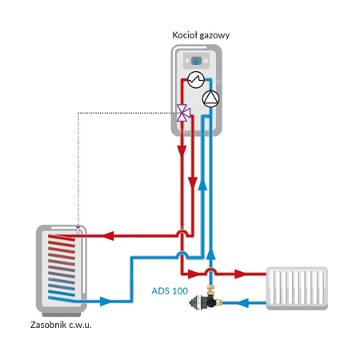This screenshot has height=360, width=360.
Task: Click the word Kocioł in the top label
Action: tap(185, 35)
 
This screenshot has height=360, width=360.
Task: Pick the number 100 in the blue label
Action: tap(182, 291)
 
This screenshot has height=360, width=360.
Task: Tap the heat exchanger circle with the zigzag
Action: tap(194, 80)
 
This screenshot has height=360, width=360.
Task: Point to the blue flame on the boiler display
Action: tap(196, 60)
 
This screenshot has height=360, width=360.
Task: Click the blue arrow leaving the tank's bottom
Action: tap(108, 302)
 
